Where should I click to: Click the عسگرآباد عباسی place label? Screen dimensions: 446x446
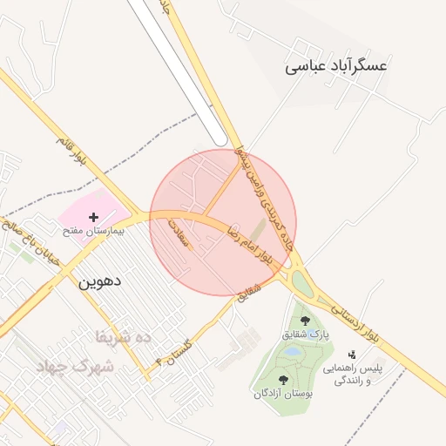pos(336,65)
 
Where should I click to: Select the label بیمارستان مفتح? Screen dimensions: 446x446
pos(93,232)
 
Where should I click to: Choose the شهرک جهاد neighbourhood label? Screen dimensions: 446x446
pos(77,367)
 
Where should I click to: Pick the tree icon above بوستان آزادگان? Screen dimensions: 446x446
pos(283,379)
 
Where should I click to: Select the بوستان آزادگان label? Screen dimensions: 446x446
pos(282,394)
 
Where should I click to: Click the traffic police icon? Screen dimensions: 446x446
pos(352,355)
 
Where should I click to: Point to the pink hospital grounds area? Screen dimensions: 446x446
pos(83,206)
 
